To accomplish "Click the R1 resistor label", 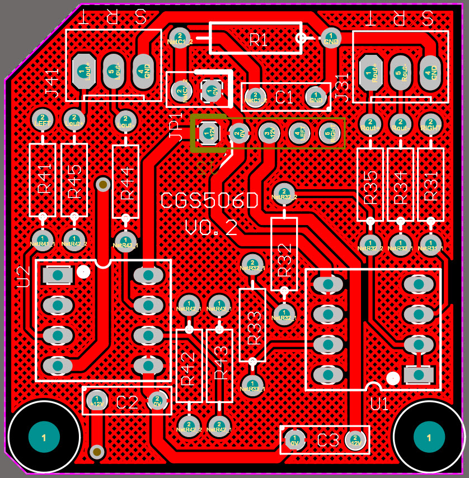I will (x=259, y=39).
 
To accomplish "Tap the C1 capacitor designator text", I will (x=284, y=98).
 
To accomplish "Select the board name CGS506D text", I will (x=209, y=201).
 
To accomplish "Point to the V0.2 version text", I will (x=211, y=228).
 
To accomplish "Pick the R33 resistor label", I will (x=254, y=327).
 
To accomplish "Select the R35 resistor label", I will (x=370, y=187).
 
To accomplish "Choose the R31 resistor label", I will (x=431, y=187).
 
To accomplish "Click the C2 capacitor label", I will (x=127, y=402).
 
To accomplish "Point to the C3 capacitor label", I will (x=328, y=440).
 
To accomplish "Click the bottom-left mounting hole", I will (x=44, y=437).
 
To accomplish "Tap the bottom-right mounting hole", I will (x=429, y=437).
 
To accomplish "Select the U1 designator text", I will (x=379, y=404).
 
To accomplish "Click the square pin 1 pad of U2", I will (x=57, y=275).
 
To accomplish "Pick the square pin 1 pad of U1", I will (x=418, y=373).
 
